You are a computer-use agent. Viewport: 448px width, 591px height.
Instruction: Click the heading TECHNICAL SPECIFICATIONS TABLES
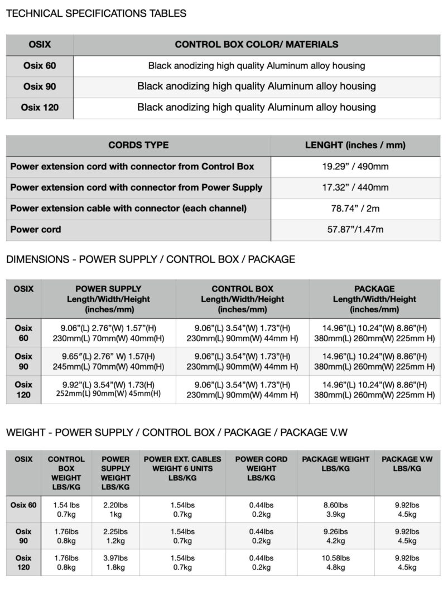coord(96,13)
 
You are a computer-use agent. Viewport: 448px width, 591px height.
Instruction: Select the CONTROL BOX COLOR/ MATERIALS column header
coord(256,45)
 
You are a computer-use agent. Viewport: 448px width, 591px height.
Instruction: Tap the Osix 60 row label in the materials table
coord(39,66)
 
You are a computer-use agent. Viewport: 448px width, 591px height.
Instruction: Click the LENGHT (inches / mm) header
coord(355,146)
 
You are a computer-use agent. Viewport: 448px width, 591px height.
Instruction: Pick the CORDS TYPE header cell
coord(138,146)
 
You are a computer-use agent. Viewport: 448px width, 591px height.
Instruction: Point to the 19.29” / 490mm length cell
coord(355,166)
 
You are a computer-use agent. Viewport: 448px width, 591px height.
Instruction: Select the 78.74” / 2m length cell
coord(355,208)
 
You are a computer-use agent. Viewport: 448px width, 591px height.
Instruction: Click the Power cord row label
coord(36,229)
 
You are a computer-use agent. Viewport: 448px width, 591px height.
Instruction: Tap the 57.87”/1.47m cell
coord(355,229)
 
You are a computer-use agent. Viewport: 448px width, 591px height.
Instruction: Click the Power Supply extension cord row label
coord(136,187)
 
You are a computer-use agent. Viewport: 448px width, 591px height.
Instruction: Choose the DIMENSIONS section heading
coord(150,259)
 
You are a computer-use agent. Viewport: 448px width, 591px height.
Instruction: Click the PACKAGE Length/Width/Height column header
coord(374,299)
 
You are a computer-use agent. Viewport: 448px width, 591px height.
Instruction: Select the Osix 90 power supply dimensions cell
coord(108,361)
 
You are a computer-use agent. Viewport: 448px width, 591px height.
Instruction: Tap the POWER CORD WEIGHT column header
coord(261,468)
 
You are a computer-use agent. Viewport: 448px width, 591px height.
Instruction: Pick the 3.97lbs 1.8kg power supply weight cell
coord(115,563)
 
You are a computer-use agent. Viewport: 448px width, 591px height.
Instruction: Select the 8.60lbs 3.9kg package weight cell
coord(335,509)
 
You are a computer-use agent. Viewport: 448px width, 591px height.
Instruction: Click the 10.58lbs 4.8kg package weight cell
coord(335,563)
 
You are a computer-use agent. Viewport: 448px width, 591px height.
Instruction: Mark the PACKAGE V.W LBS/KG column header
coord(407,464)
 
